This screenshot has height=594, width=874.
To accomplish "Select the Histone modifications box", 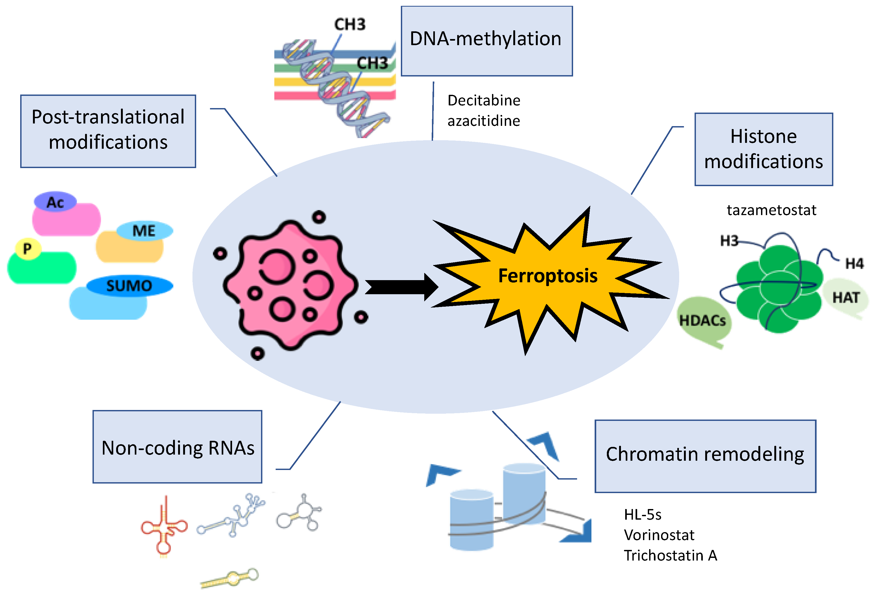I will [763, 149].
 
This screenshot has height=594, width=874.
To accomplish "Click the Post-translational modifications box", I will [108, 131].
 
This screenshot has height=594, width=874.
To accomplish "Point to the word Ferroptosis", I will [547, 276].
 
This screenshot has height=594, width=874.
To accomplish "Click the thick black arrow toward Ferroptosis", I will [401, 287].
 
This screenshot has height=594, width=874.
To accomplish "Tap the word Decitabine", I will [484, 101].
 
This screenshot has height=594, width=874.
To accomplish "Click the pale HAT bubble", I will [845, 298].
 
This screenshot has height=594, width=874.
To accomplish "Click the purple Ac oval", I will [55, 202].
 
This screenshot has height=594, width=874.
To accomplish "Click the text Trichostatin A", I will [670, 555].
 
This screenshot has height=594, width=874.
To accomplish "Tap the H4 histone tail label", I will [854, 263].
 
